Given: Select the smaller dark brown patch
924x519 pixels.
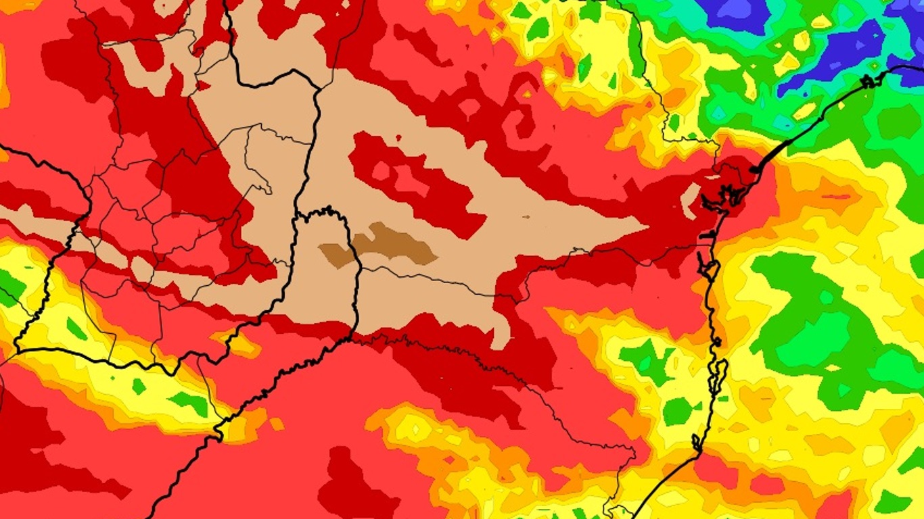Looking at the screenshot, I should coord(336,254).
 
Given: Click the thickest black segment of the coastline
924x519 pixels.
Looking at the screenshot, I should coord(771,156).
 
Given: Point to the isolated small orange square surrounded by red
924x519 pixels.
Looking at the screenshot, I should coord(277,424).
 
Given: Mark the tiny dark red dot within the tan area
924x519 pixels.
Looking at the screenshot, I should coord(527,217).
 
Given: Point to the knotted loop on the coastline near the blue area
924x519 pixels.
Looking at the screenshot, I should coord(868,82).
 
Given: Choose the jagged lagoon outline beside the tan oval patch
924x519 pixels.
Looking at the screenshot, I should coord(717,200).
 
